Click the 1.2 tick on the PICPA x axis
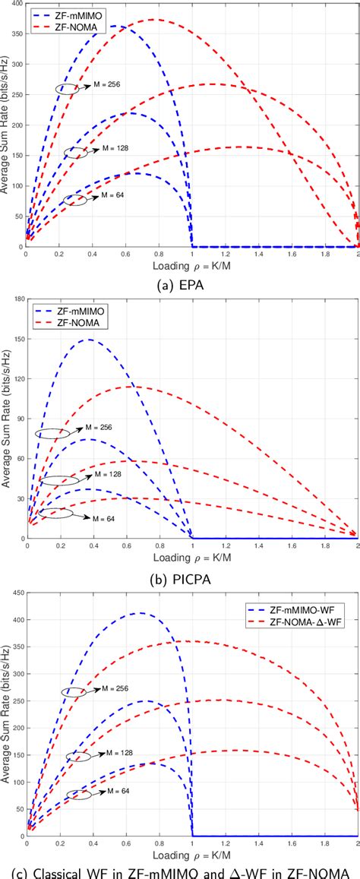tap(225, 545)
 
